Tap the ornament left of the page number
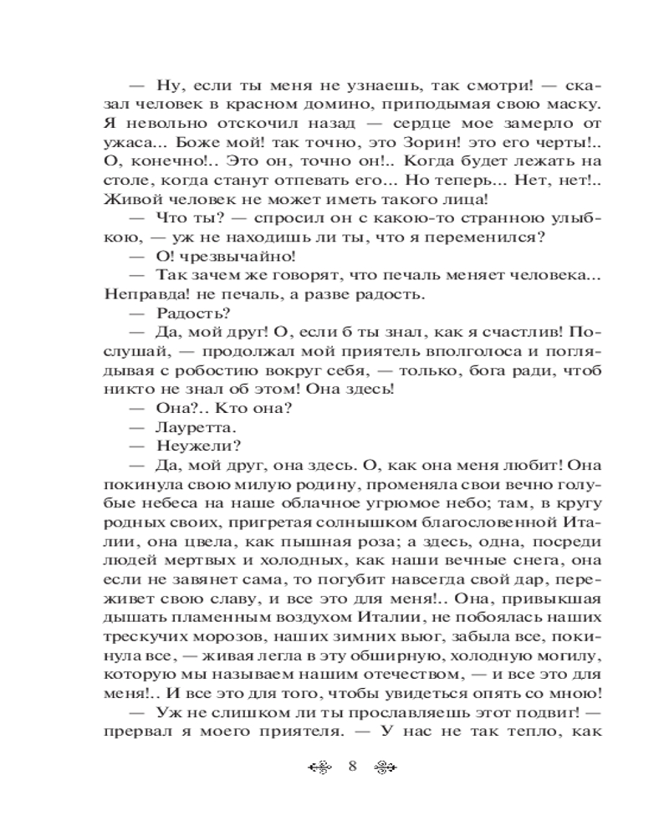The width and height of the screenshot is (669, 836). coord(321,768)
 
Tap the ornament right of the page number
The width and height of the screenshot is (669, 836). coord(383,768)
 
